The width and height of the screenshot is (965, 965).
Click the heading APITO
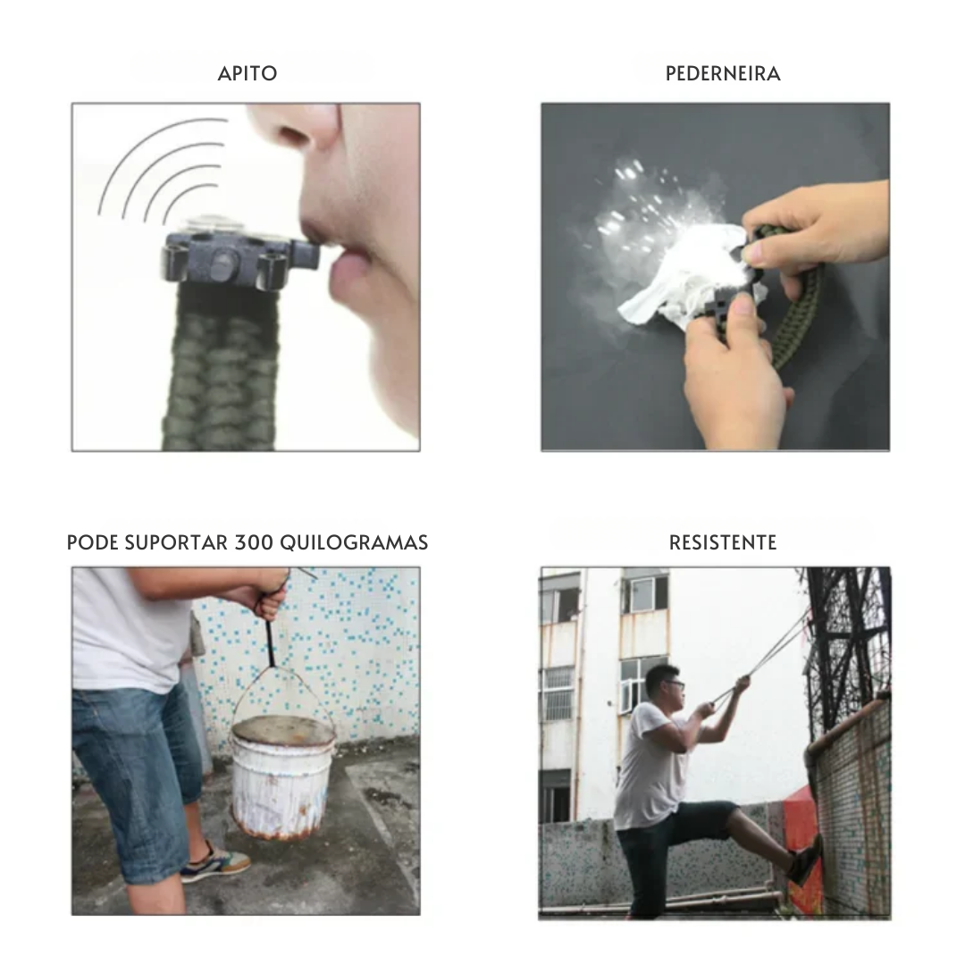pyautogui.click(x=248, y=74)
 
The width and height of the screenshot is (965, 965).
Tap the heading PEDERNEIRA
pyautogui.click(x=723, y=74)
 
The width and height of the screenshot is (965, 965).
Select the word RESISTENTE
pyautogui.click(x=723, y=542)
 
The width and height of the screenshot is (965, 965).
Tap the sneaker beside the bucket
pyautogui.click(x=216, y=861)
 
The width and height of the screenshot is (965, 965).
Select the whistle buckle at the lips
pyautogui.click(x=239, y=260)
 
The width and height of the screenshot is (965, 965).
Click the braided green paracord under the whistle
pyautogui.click(x=220, y=375)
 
